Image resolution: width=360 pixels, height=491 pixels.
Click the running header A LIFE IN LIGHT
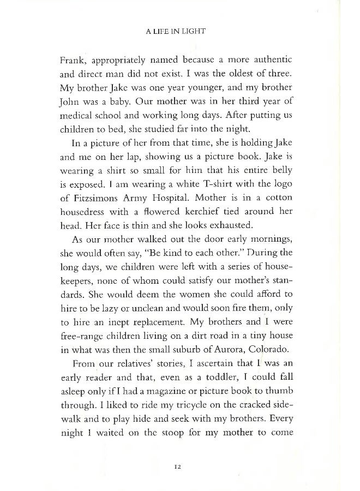[179, 32]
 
